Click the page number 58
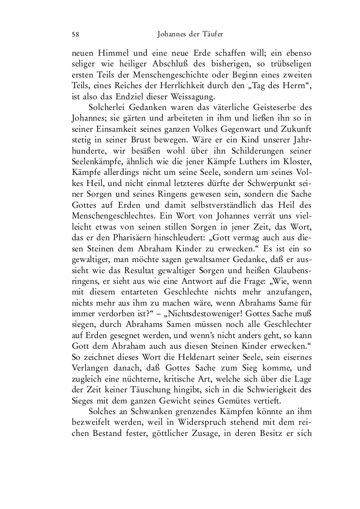75,34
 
